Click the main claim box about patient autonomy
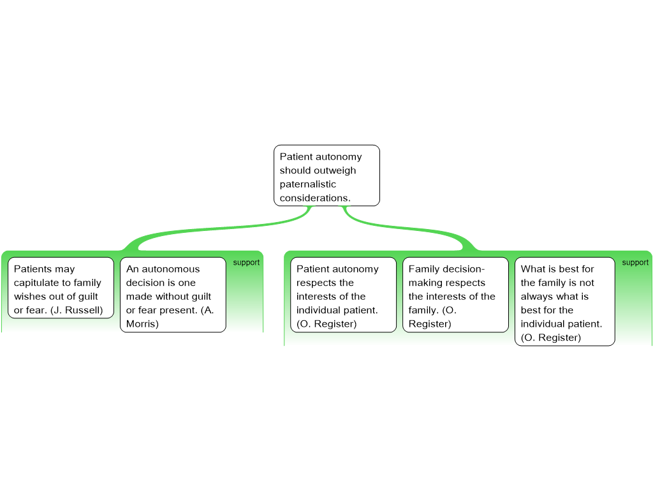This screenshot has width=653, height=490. click(x=326, y=175)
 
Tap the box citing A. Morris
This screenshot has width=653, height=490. click(x=173, y=294)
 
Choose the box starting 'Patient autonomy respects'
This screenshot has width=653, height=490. click(x=343, y=294)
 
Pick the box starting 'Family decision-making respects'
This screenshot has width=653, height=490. click(x=455, y=294)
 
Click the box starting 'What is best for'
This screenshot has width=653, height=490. click(x=564, y=301)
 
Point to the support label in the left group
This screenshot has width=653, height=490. click(x=246, y=262)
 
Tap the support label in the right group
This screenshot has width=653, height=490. click(x=635, y=262)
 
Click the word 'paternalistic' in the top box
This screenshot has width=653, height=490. click(x=307, y=184)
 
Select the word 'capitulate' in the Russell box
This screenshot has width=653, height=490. click(x=36, y=283)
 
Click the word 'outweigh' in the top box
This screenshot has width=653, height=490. click(x=337, y=170)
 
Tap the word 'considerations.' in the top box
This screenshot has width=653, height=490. click(x=315, y=198)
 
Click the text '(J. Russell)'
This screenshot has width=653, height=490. click(x=77, y=310)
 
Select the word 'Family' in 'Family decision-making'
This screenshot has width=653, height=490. click(x=424, y=269)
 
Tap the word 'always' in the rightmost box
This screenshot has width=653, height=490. click(x=537, y=297)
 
